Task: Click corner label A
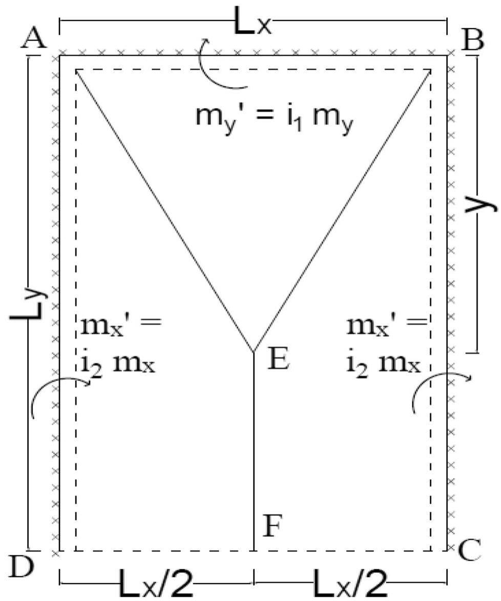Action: click(x=34, y=38)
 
